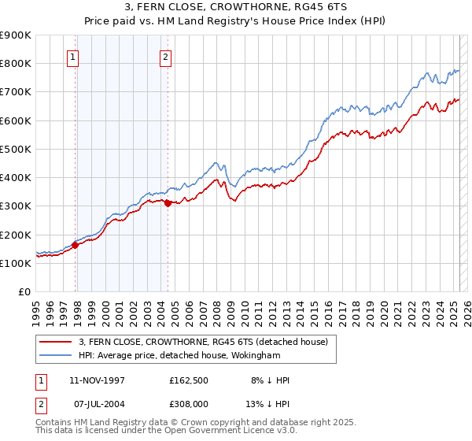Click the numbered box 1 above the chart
tap(72, 56)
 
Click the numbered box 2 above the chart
tap(166, 56)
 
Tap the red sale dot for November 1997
tap(76, 245)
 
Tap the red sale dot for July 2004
tap(168, 203)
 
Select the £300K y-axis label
tap(16, 206)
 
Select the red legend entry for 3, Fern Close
tap(208, 341)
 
